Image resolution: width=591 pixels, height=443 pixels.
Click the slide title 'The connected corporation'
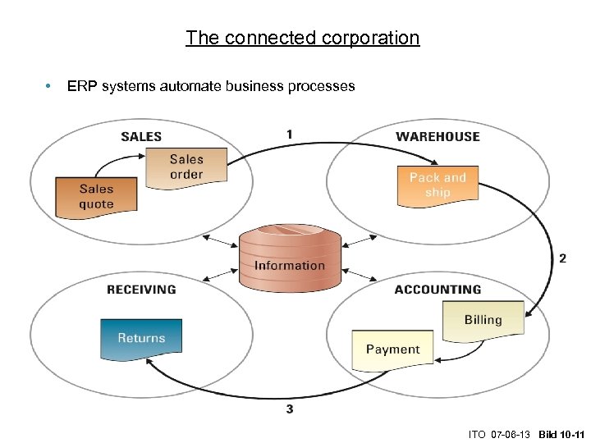click(x=302, y=38)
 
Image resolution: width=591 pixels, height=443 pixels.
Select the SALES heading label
click(x=141, y=136)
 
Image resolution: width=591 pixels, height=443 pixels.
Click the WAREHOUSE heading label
click(x=438, y=136)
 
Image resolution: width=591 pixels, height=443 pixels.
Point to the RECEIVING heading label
click(x=141, y=290)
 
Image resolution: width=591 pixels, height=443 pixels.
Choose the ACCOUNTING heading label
click(x=438, y=290)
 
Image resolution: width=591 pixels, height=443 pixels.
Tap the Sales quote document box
click(x=96, y=197)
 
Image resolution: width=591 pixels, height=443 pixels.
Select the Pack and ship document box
click(x=437, y=185)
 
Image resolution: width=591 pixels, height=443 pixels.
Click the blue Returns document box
click(x=141, y=338)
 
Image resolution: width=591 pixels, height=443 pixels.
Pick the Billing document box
click(x=483, y=320)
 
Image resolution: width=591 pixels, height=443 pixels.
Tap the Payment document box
click(x=392, y=349)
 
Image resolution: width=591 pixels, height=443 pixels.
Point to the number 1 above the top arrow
click(x=289, y=134)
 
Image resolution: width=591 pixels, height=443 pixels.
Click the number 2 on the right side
click(x=562, y=258)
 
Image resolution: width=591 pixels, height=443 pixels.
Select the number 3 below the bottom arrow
click(x=289, y=409)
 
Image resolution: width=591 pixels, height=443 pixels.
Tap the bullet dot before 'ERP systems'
click(x=49, y=86)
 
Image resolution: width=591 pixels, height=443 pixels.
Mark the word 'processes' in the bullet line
click(x=324, y=86)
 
